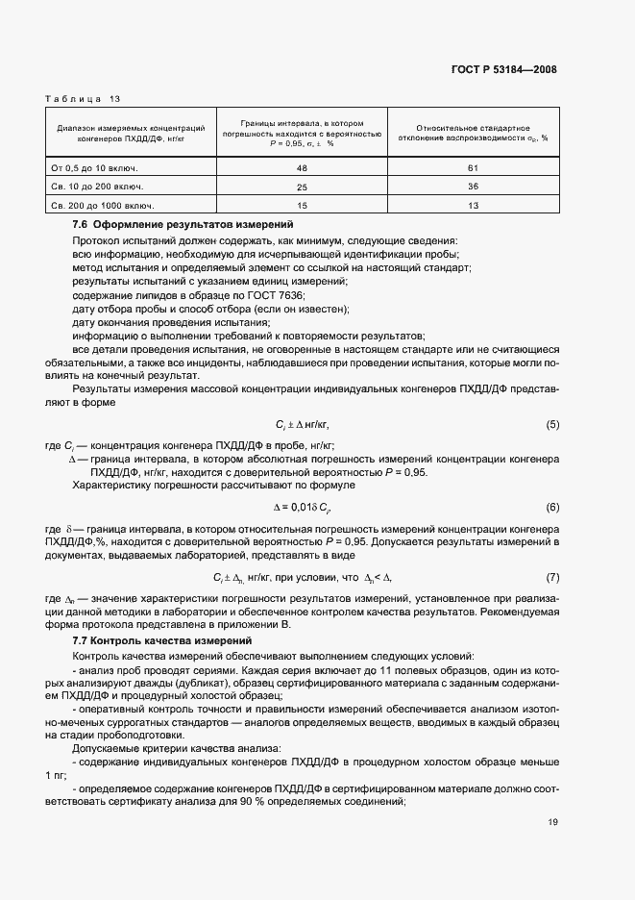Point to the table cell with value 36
[474, 186]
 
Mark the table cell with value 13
[474, 205]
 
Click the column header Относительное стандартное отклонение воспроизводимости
[474, 133]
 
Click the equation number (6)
[552, 507]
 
